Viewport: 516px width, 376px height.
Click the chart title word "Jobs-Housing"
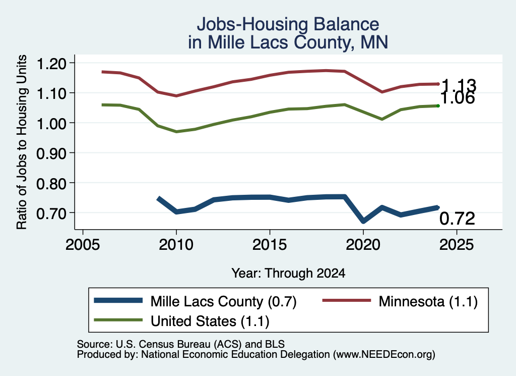(253, 25)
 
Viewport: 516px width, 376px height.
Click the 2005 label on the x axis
(83, 245)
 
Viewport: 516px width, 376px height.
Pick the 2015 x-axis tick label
(270, 245)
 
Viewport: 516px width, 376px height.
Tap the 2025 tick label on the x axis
(457, 245)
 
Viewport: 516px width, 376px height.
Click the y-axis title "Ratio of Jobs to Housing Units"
(22, 142)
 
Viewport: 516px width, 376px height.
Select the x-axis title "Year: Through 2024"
(288, 273)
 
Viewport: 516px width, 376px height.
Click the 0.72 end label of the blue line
(458, 219)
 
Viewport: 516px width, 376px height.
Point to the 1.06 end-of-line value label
(458, 98)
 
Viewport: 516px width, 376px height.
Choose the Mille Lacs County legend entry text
(223, 301)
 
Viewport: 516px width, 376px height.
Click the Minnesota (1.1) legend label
(428, 301)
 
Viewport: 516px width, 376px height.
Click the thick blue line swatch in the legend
(118, 300)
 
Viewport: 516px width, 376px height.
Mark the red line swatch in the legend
(347, 300)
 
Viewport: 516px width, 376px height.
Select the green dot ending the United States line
(438, 106)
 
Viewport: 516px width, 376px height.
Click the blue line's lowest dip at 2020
(363, 221)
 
